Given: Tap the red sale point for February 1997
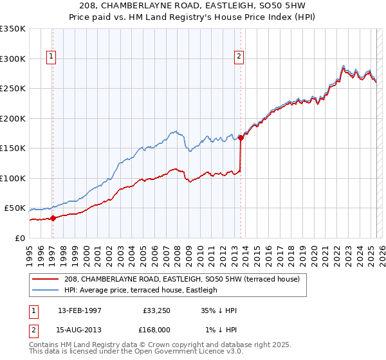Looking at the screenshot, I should [x=53, y=218].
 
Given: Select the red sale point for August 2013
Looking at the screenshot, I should [x=241, y=137].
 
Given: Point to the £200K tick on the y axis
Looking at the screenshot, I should [x=14, y=118].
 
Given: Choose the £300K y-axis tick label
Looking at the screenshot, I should [x=14, y=59].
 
